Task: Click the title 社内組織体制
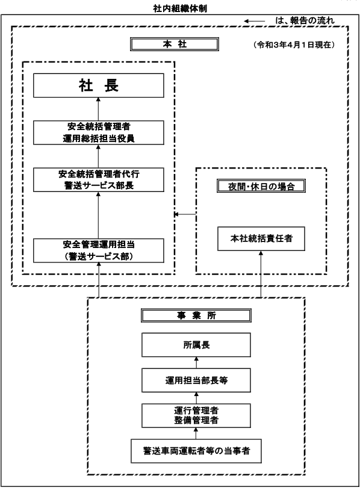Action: pos(180,8)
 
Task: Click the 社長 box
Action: pos(99,85)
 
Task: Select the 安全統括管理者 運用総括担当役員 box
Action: pos(99,132)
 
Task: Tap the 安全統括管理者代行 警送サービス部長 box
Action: pos(99,179)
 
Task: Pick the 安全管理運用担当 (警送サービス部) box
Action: pos(99,250)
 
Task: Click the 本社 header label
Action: pos(175,45)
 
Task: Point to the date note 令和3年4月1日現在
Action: pos(294,45)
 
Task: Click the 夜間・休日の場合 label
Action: pos(261,186)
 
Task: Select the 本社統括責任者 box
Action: pos(261,238)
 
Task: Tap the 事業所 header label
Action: pos(196,315)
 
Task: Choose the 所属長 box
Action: pos(196,345)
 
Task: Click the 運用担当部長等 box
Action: pos(196,380)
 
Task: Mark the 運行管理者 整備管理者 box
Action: pos(196,416)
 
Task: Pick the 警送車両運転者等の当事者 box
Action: pos(196,451)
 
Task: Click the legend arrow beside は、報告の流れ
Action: pos(254,21)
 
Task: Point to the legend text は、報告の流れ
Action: pos(305,21)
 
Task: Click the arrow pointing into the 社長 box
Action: pos(98,109)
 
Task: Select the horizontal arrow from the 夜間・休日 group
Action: pos(185,214)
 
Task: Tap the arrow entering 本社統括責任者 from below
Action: pos(261,274)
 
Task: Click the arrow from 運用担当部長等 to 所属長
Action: pos(196,362)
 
